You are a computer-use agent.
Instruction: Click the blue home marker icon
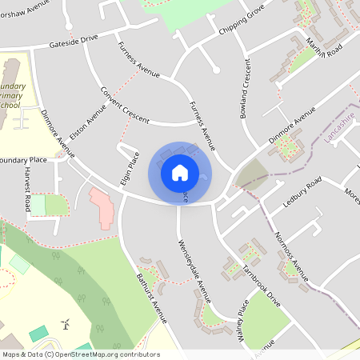pos(180,172)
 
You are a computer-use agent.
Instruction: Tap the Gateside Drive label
pos(73,40)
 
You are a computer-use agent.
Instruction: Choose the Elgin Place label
pos(130,168)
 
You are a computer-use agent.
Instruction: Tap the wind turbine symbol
pos(66,324)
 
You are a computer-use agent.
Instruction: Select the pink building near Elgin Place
pos(102,207)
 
